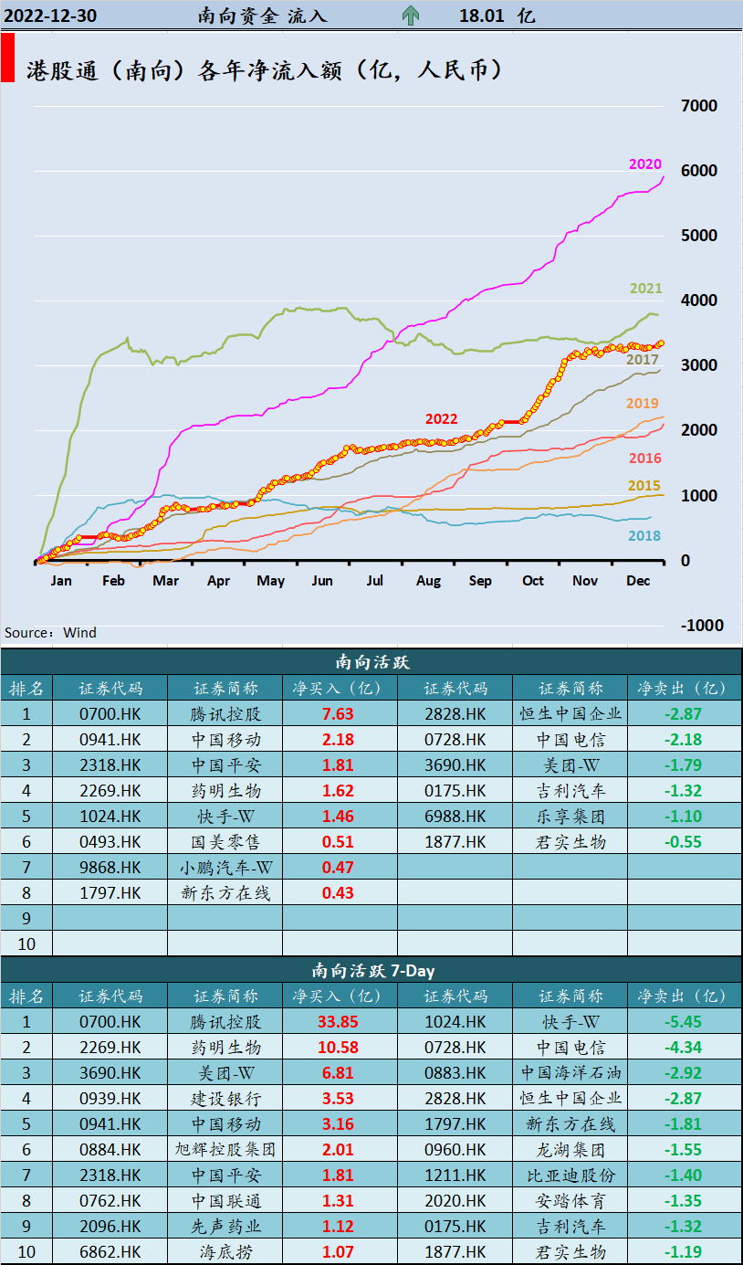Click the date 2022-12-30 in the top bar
click(51, 16)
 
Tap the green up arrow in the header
click(411, 16)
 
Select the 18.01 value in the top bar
click(483, 16)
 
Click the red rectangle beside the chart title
click(7, 58)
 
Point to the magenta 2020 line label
click(644, 164)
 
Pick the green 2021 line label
click(646, 289)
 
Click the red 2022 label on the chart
click(441, 419)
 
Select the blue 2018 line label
click(644, 536)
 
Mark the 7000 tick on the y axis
click(699, 106)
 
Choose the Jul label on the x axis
click(375, 581)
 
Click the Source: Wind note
click(50, 633)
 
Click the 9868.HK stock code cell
click(110, 868)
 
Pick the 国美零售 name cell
click(225, 842)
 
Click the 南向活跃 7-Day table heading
click(371, 971)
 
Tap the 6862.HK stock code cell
click(110, 1252)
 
